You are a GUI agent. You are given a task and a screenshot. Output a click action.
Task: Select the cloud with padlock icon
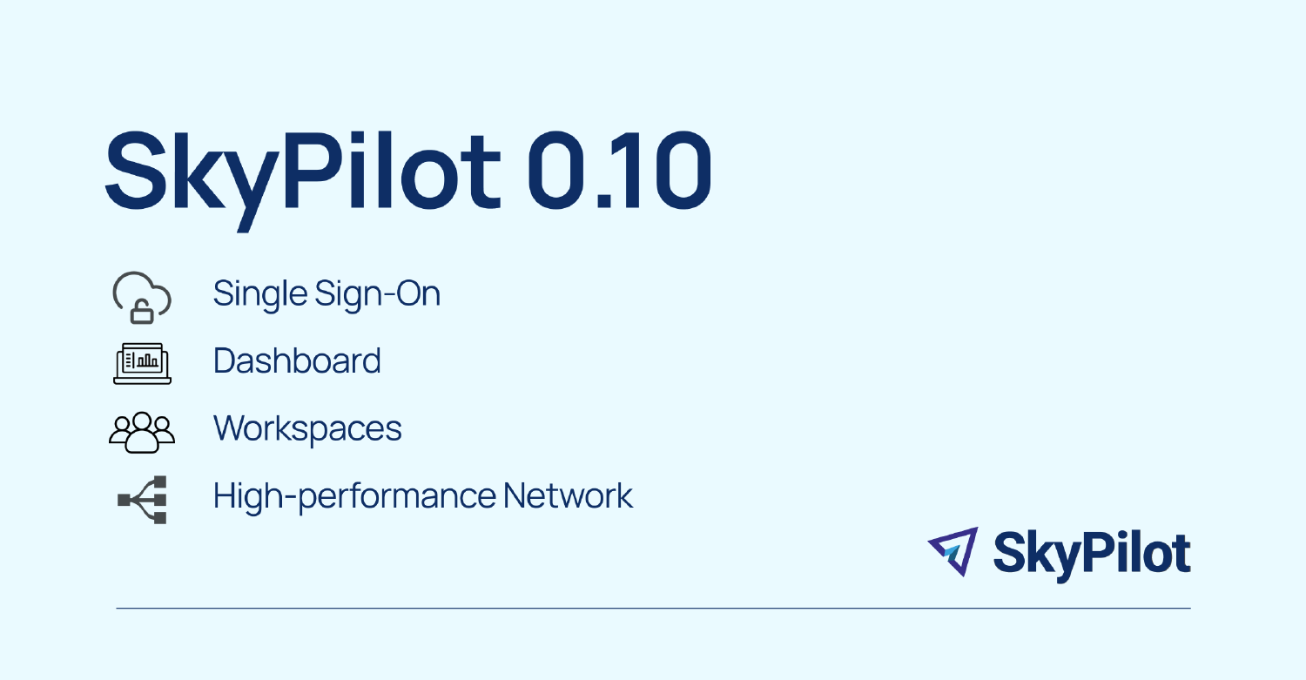pos(142,296)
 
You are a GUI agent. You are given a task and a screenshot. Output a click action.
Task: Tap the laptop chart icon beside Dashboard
pos(142,362)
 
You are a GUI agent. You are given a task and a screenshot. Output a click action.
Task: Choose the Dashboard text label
pos(297,360)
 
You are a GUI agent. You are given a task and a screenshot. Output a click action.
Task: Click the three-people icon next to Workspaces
pos(142,431)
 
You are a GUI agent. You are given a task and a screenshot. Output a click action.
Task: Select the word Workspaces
pos(307,428)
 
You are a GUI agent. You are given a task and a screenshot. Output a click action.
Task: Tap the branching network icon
pos(143,499)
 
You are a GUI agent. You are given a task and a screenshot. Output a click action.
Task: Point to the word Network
pos(568,496)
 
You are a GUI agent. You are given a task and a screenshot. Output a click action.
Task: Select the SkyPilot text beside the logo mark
pos(1092,553)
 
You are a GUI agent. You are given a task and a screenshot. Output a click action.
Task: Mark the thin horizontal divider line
pos(653,608)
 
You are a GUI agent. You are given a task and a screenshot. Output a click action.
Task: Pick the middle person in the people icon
pos(142,433)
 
